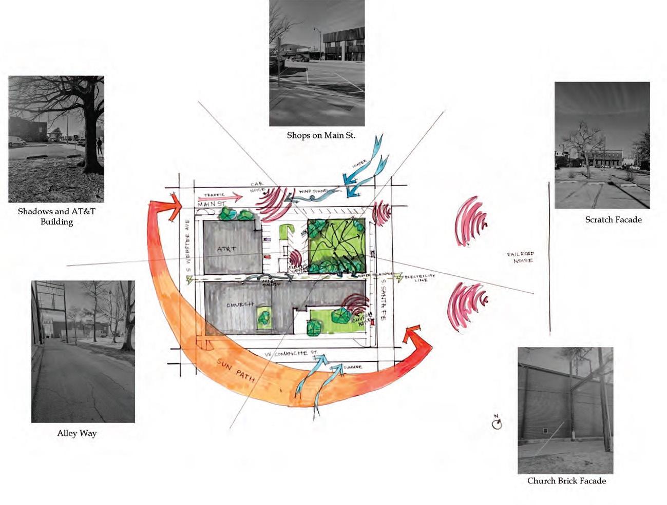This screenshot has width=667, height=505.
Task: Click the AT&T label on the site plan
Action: point(226,249)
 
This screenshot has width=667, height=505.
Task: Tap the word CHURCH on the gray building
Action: point(240,305)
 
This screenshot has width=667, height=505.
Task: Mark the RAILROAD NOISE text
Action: point(520,257)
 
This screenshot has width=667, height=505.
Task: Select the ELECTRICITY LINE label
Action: point(420,278)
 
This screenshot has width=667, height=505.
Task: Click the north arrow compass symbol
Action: point(496,423)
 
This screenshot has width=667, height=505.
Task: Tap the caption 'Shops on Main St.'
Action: point(321,136)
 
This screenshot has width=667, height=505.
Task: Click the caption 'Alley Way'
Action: point(77,434)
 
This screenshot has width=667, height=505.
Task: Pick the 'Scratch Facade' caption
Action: point(613,220)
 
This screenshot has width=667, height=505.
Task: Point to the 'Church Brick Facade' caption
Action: point(566,481)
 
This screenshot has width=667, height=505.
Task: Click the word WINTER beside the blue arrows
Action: point(360,165)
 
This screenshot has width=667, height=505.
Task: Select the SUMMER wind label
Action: point(353,367)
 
